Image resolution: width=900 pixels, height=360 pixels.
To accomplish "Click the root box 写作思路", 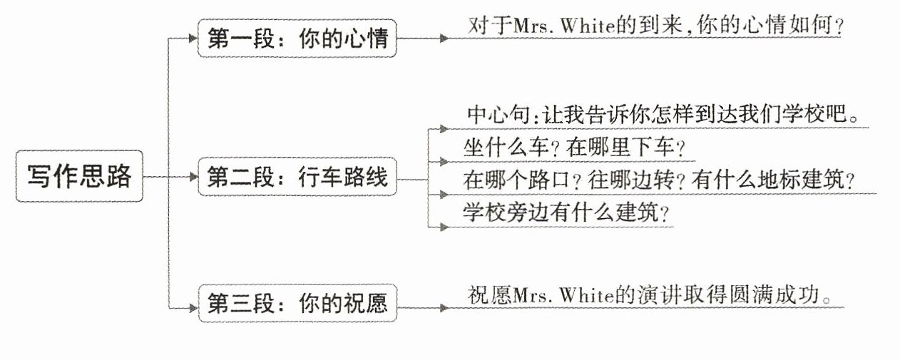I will [x=79, y=175].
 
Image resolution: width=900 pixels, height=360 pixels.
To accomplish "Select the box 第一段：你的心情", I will [x=297, y=38].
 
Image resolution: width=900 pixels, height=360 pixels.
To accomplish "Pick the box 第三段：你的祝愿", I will [x=297, y=304].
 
